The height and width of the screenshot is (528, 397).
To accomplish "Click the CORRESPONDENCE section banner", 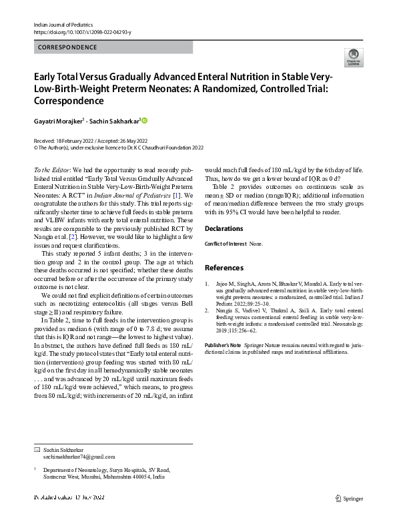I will pos(67,47).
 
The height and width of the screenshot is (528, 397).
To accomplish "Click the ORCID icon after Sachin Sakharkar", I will pos(144,121).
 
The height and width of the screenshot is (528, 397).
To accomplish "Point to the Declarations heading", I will pos(224,228).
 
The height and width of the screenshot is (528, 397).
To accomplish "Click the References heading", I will pos(224,268).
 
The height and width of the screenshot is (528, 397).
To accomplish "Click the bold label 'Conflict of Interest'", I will pos(225,244).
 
